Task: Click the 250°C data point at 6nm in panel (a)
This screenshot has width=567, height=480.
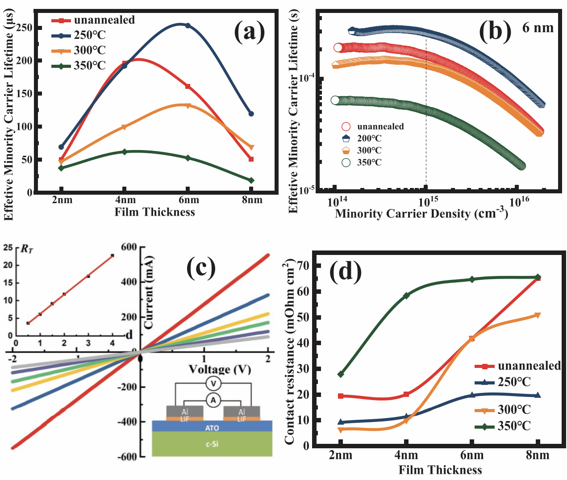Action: [188, 25]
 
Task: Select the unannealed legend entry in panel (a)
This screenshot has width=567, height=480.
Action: [93, 20]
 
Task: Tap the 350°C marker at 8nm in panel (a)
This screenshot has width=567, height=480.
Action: [251, 180]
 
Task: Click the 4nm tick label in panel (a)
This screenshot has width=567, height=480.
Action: [125, 200]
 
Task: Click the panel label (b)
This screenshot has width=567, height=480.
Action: [495, 31]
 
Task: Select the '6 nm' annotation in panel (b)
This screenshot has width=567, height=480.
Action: [538, 28]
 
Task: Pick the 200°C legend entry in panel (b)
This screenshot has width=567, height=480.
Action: [362, 138]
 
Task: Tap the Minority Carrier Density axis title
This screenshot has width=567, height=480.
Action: [421, 214]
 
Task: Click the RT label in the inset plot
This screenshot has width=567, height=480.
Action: [27, 249]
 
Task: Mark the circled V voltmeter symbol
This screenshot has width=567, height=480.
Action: [213, 384]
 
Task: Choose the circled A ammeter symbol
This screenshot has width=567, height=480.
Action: [213, 400]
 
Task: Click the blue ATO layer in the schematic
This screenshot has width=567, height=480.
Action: [212, 427]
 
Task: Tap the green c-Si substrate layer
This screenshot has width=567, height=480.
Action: [212, 444]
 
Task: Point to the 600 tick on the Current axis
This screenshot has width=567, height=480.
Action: [129, 247]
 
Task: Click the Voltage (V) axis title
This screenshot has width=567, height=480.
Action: [220, 369]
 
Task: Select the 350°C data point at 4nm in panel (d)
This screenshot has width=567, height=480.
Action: [407, 296]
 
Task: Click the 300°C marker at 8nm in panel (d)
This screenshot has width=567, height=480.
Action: [538, 316]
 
